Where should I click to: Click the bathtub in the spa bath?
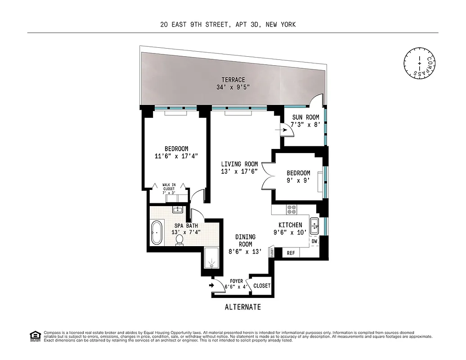click(x=157, y=233)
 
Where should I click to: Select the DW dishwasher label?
click(x=314, y=242)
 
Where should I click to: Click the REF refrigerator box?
click(x=291, y=253)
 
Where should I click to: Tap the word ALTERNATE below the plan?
click(x=242, y=307)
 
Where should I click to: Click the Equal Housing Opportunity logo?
click(x=34, y=335)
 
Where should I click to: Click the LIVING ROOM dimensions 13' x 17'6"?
click(x=239, y=171)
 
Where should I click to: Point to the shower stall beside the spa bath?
click(x=211, y=260)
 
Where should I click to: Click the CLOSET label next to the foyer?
click(x=262, y=286)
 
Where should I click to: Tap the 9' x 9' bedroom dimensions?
click(x=298, y=180)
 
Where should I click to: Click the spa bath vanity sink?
click(x=178, y=209)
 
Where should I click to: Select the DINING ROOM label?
click(x=245, y=240)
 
